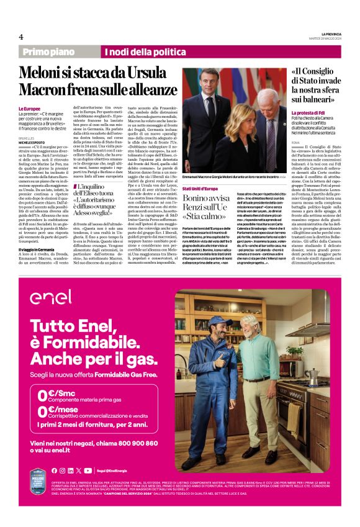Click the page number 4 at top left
tap(20, 37)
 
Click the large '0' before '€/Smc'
tap(42, 394)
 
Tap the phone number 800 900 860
tap(135, 444)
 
